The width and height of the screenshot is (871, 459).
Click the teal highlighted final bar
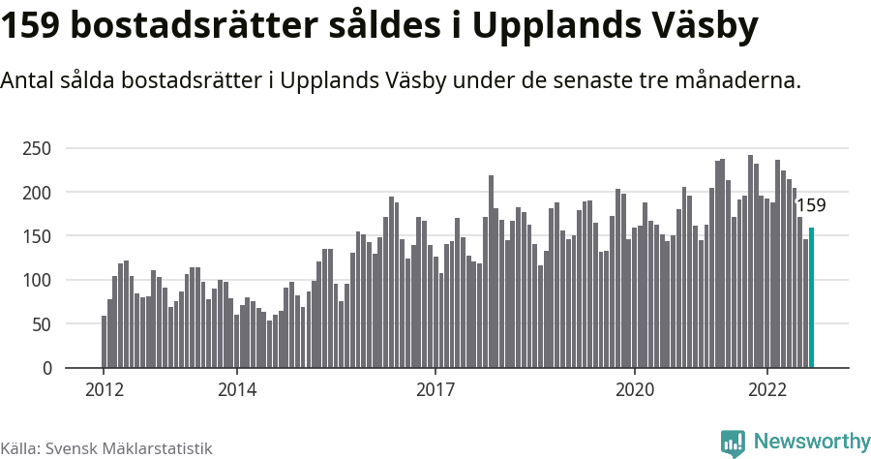[812, 298]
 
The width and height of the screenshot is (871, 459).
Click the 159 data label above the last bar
[810, 205]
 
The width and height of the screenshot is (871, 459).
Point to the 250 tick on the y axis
[36, 148]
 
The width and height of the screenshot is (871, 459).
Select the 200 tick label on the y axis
[36, 193]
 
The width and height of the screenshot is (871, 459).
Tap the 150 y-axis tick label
[36, 236]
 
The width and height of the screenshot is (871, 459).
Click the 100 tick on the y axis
[36, 281]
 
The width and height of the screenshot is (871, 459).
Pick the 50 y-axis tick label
[40, 324]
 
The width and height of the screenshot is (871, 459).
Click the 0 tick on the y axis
[45, 369]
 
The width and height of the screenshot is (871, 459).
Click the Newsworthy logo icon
[733, 444]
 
